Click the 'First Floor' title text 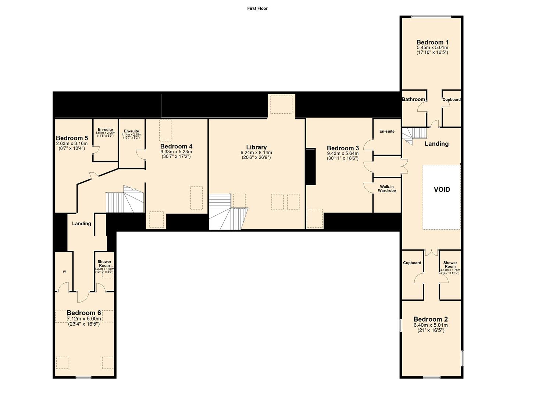click(257, 8)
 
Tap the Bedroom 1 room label click(432, 42)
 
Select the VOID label click(442, 190)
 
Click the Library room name click(256, 147)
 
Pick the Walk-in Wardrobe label click(386, 189)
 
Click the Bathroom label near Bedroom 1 click(413, 99)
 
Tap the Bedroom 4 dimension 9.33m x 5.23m click(176, 151)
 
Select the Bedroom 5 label click(72, 138)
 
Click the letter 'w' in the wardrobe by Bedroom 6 click(64, 272)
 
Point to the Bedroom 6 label click(84, 313)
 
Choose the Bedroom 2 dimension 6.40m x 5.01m click(431, 325)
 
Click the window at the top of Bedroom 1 click(431, 16)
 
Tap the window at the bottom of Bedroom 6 click(84, 377)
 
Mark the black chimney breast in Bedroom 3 click(311, 167)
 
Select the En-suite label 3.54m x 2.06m click(105, 133)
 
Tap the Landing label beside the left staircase click(81, 223)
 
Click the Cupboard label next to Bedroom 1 click(451, 100)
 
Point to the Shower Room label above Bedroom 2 click(450, 265)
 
